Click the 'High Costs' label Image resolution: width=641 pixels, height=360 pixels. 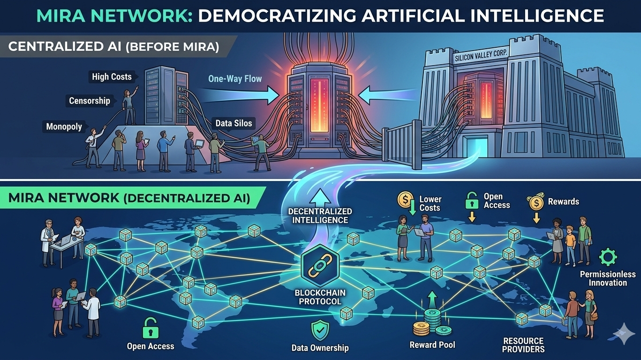click(112, 76)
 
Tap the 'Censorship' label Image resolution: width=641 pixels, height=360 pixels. click(90, 101)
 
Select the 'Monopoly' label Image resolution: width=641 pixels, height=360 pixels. click(64, 127)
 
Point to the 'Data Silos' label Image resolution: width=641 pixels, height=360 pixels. click(234, 124)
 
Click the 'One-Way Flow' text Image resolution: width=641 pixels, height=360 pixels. click(235, 79)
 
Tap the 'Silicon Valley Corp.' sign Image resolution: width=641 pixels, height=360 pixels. click(481, 58)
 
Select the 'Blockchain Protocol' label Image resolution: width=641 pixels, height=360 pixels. click(320, 297)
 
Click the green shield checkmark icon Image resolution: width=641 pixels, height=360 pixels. click(320, 330)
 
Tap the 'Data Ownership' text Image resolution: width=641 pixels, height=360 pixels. click(320, 348)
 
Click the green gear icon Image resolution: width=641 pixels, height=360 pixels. click(608, 257)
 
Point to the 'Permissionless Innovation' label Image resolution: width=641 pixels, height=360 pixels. click(608, 278)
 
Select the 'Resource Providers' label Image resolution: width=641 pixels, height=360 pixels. click(523, 345)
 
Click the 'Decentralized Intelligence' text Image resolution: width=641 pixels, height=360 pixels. click(320, 216)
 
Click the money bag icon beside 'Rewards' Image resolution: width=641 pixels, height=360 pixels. click(535, 202)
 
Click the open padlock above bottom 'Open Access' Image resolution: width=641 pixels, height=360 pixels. click(150, 327)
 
